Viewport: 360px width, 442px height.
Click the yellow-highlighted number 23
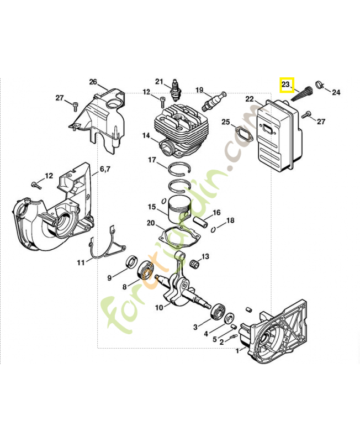click(286, 85)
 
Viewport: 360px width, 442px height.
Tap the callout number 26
click(93, 82)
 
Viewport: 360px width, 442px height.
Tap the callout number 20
click(151, 223)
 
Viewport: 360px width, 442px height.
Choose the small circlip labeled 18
click(220, 226)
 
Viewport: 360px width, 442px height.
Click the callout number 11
click(81, 262)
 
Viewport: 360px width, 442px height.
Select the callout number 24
click(336, 92)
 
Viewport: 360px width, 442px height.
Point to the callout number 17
click(152, 160)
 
